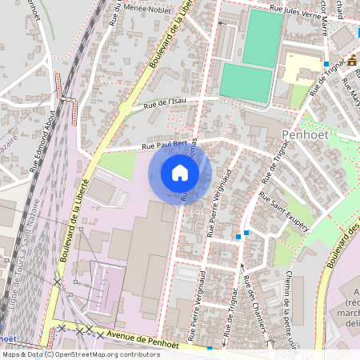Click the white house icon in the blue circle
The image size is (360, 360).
(x=180, y=173)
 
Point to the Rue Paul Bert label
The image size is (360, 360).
(x=164, y=145)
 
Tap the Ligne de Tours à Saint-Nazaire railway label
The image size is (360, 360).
(x=22, y=240)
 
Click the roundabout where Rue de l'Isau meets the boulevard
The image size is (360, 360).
(x=124, y=107)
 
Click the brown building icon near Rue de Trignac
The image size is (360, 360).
(x=353, y=60)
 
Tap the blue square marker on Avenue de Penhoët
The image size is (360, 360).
(x=210, y=349)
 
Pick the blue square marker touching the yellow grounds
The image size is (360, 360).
(x=326, y=63)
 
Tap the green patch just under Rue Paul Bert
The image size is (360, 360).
(x=116, y=165)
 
